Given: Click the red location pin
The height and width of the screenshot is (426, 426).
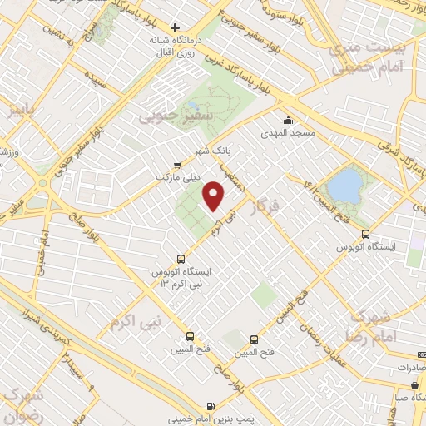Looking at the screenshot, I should pos(215,197).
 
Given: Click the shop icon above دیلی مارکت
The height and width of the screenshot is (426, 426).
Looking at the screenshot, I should pos(176,165).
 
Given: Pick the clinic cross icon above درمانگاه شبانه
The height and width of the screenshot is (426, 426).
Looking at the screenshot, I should pos(175,27).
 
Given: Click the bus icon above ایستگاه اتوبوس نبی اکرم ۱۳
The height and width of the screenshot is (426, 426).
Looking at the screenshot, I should pos(182,258).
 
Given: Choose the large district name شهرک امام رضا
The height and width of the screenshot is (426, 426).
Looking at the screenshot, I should pos(382,325).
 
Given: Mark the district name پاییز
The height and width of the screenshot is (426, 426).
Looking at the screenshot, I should pos(16,109).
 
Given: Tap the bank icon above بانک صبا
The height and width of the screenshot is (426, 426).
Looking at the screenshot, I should pos(414,384).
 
